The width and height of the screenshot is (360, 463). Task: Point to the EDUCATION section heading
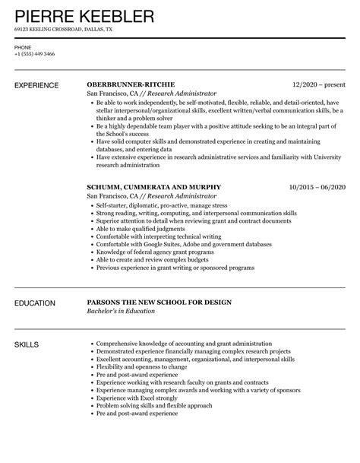pos(35,303)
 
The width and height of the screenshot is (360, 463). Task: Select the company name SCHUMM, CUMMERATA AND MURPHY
pos(154,187)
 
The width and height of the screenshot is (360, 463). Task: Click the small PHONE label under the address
pos(22,46)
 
